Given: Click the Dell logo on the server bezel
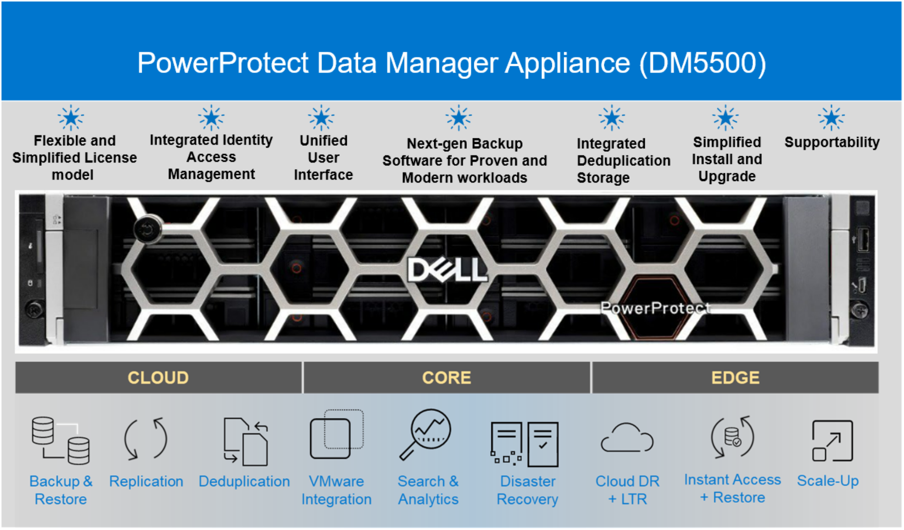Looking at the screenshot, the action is (447, 270).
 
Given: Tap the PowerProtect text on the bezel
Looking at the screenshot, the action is (655, 308).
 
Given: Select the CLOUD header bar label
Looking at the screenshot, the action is (158, 378).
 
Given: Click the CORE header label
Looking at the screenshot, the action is (446, 378).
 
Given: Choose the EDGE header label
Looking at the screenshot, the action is (735, 378).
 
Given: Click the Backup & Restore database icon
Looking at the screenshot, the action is (61, 441).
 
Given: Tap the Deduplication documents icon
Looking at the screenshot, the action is (246, 441).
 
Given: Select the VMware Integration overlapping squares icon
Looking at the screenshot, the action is (336, 434).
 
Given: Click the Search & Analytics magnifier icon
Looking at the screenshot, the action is (425, 434).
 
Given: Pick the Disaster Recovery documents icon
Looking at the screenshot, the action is (524, 444).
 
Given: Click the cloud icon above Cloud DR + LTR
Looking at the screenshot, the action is (627, 438).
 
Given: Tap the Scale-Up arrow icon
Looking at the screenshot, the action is (832, 441).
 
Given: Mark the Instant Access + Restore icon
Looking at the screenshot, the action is (733, 437).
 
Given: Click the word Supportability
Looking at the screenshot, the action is (832, 142).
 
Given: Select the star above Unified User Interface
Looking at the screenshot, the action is (321, 118).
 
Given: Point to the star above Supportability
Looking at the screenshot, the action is (831, 118).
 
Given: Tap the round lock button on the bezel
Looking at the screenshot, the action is (148, 228).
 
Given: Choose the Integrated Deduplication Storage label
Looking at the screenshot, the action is (623, 161).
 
